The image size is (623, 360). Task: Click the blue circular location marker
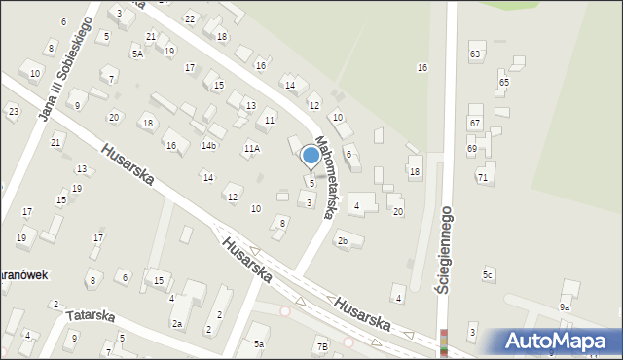(311, 155)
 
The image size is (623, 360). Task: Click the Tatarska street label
(90, 316)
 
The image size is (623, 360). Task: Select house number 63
(475, 54)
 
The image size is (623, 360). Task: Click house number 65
(503, 83)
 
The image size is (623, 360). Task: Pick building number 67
(474, 124)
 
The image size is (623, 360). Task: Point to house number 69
(471, 148)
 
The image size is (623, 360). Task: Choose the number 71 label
(482, 178)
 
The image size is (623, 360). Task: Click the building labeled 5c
(488, 276)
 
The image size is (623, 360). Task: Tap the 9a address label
(564, 307)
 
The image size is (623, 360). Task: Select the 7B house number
(322, 346)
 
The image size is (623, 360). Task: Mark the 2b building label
(342, 241)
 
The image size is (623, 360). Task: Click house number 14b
(208, 146)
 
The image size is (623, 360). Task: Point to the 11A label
(251, 149)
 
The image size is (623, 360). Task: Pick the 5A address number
(137, 54)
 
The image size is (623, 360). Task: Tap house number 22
(190, 19)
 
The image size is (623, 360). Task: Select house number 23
(13, 112)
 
